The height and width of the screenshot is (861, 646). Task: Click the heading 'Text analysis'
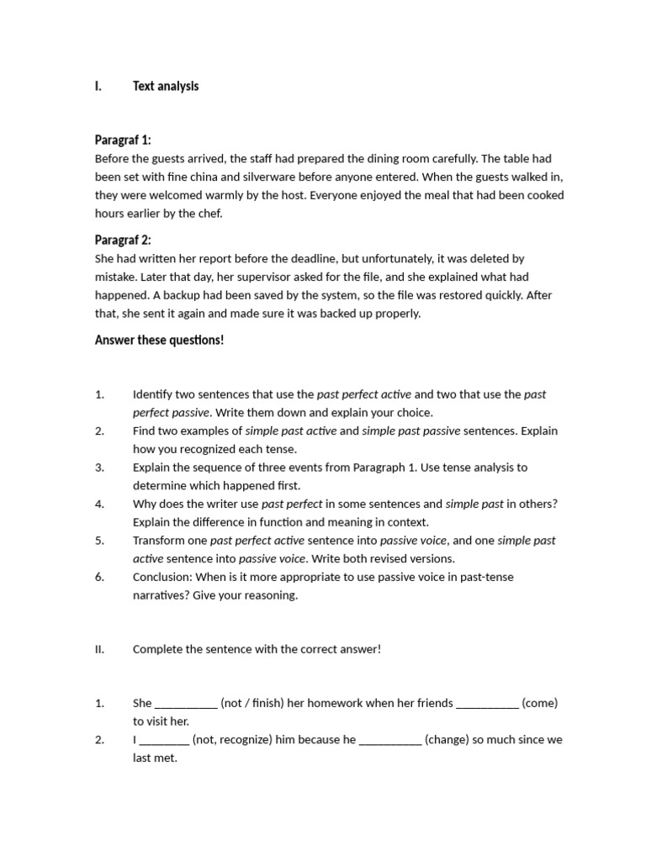[166, 87]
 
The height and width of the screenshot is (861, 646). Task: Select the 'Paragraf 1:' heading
[123, 140]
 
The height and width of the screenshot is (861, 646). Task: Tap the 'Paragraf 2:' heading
[123, 240]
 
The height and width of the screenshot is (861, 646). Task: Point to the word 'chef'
[209, 214]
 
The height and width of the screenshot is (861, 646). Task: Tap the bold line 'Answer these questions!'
[160, 341]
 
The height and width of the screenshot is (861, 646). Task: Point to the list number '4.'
[99, 504]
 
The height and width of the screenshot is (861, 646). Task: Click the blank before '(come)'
[487, 704]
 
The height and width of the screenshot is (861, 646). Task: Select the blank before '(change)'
[390, 741]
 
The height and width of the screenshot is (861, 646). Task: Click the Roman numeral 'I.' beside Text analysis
[98, 87]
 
